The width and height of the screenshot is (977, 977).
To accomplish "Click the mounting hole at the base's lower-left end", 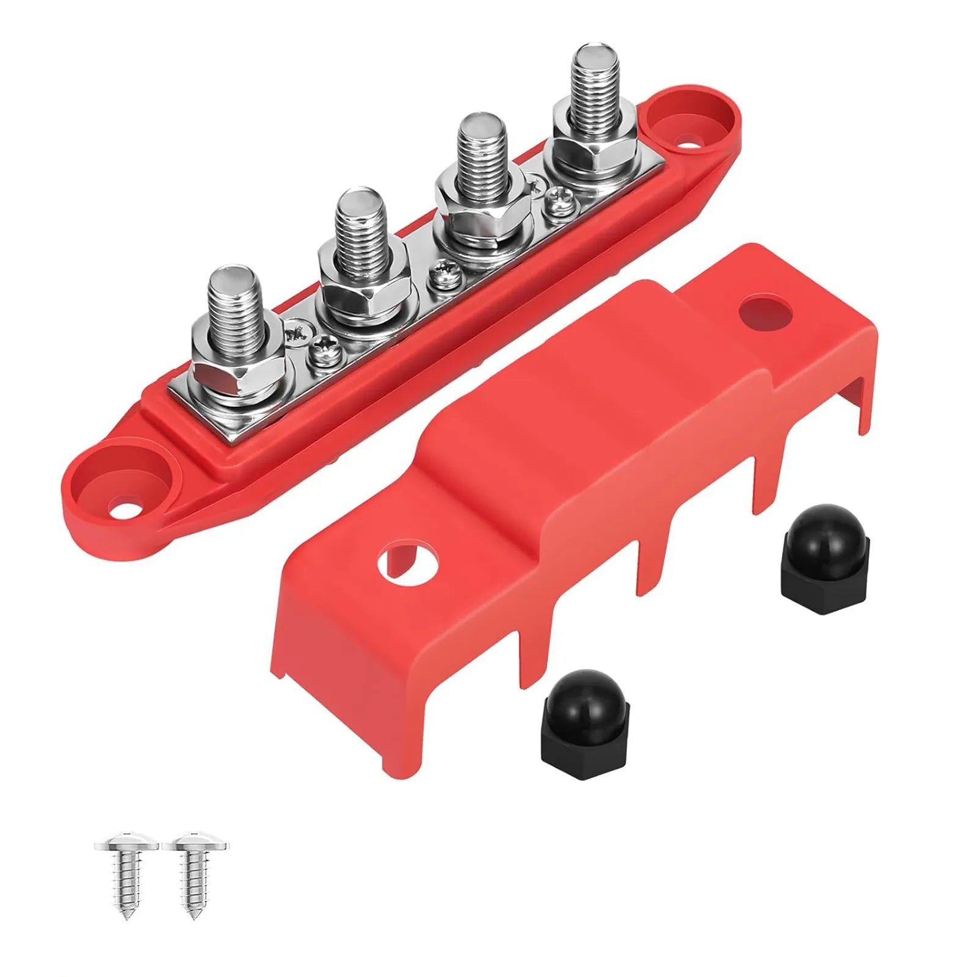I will (x=126, y=492).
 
